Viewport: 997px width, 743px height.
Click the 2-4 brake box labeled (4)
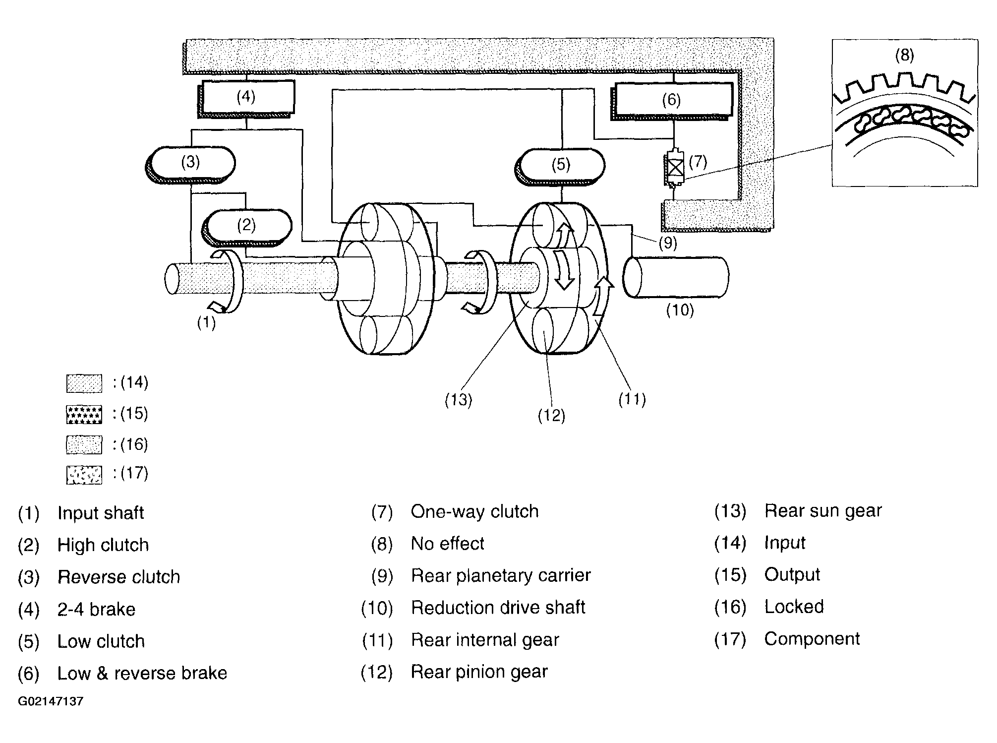click(x=246, y=98)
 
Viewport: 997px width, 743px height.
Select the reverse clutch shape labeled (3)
click(x=190, y=165)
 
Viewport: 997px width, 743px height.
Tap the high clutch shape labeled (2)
click(x=246, y=227)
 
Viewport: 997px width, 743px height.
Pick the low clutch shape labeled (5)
click(x=560, y=166)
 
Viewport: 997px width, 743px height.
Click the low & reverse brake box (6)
click(x=672, y=101)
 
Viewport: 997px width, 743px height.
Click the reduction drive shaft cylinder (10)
click(x=676, y=277)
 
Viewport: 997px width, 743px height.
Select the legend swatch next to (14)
click(x=84, y=383)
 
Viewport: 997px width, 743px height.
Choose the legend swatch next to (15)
click(x=84, y=415)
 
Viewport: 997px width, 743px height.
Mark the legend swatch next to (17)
click(x=84, y=475)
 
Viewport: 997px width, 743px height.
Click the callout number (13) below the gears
click(x=458, y=400)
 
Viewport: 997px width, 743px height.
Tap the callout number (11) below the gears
click(x=632, y=399)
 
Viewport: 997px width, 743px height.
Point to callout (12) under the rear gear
click(x=551, y=416)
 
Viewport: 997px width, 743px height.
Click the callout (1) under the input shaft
click(x=206, y=323)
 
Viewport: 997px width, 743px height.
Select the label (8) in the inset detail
click(x=904, y=55)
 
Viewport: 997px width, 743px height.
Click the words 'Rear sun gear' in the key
click(x=823, y=511)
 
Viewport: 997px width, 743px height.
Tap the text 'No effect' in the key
click(x=448, y=544)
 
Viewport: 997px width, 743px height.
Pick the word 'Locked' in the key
click(x=794, y=607)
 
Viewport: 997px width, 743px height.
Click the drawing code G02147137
click(x=51, y=701)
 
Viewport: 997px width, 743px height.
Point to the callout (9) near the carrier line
click(x=668, y=243)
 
